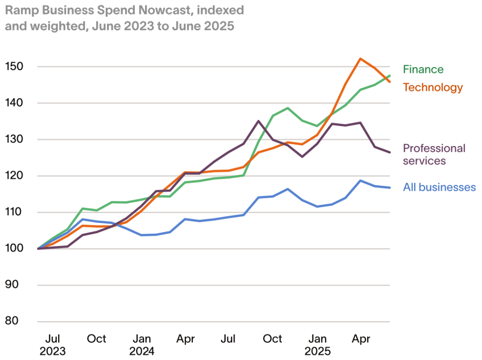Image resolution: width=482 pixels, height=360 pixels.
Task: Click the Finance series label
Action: (x=423, y=69)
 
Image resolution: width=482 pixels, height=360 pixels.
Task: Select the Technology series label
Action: (x=432, y=87)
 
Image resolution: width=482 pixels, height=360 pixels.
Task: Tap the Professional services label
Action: (x=434, y=154)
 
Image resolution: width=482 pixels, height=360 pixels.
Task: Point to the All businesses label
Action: (x=439, y=187)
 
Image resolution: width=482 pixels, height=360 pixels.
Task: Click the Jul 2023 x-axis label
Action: (x=53, y=344)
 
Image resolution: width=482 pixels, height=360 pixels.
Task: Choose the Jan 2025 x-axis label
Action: (x=317, y=344)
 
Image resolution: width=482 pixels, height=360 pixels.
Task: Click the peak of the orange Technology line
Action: (x=360, y=59)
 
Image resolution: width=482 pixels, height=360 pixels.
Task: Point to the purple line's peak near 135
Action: (x=259, y=121)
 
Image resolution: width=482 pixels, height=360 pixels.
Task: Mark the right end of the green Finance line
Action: (x=390, y=76)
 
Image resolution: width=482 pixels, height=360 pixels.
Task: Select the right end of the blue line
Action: (x=390, y=188)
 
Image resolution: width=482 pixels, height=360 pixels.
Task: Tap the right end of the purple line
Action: (x=390, y=152)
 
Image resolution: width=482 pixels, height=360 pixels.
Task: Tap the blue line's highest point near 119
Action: (x=360, y=180)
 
